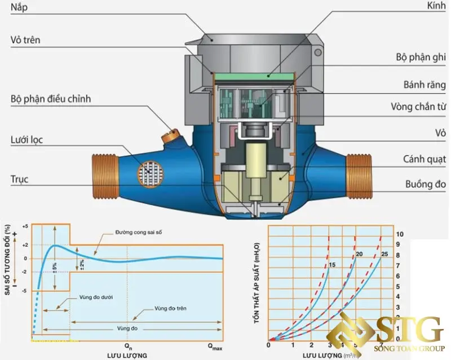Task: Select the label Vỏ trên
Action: (x=25, y=41)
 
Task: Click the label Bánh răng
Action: (x=424, y=85)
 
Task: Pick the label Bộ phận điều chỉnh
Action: (x=51, y=99)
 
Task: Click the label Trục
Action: (x=19, y=180)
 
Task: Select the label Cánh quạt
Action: (x=425, y=159)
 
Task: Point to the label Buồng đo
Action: (x=426, y=184)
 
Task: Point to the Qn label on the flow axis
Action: (x=128, y=345)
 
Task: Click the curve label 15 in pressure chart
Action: (x=333, y=264)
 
